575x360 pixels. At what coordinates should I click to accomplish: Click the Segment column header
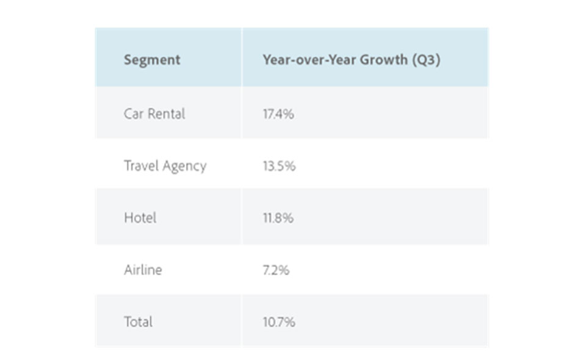point(152,60)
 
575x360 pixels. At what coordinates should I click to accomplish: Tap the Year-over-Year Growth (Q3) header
point(351,60)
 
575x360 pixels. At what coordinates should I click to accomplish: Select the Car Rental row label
point(154,113)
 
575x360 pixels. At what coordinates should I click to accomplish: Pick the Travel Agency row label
point(165,166)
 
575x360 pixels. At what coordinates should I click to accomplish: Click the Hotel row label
point(140,218)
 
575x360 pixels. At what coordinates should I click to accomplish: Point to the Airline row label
point(143,270)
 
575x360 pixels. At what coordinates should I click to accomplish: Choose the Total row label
point(138,322)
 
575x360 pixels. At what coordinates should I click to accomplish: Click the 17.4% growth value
point(278,113)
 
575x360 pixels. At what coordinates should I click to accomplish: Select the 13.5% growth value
point(279,166)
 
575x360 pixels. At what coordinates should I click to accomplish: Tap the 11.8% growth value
point(278,218)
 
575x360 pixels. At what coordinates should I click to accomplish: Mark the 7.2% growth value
point(276,270)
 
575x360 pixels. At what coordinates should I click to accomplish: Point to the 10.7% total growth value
point(279,322)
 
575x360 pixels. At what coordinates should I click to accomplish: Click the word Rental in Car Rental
point(165,113)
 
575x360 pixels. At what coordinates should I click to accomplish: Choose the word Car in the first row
point(132,113)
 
